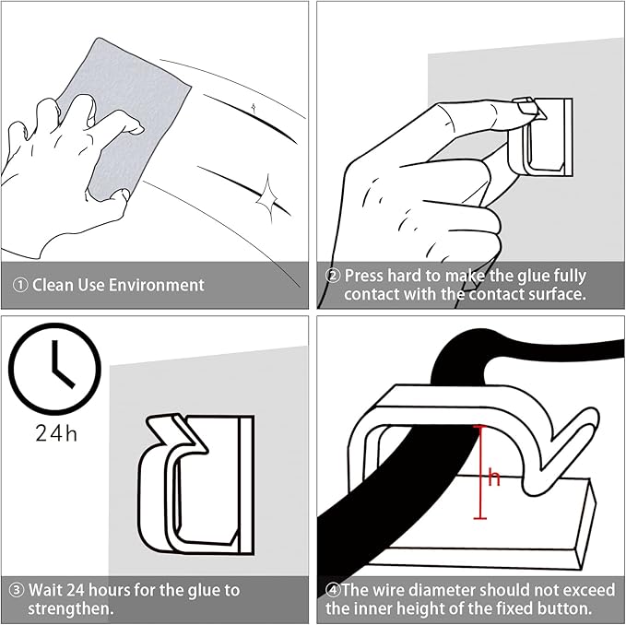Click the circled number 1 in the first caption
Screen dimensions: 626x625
pyautogui.click(x=20, y=285)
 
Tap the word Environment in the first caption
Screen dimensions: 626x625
pyautogui.click(x=157, y=285)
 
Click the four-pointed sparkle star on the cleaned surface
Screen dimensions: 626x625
pyautogui.click(x=266, y=196)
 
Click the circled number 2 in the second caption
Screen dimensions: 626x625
pyautogui.click(x=333, y=276)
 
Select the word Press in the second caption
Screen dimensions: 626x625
pyautogui.click(x=364, y=276)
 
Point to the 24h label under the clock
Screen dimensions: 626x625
pyautogui.click(x=56, y=432)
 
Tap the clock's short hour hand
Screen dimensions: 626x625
pyautogui.click(x=64, y=378)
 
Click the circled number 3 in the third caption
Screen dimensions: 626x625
pyautogui.click(x=17, y=590)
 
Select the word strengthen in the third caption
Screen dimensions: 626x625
pyautogui.click(x=68, y=609)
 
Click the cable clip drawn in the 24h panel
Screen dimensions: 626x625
pyautogui.click(x=195, y=484)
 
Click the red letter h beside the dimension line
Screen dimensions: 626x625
pyautogui.click(x=494, y=478)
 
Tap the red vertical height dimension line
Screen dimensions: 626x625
pyautogui.click(x=480, y=472)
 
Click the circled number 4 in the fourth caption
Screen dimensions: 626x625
pyautogui.click(x=333, y=590)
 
